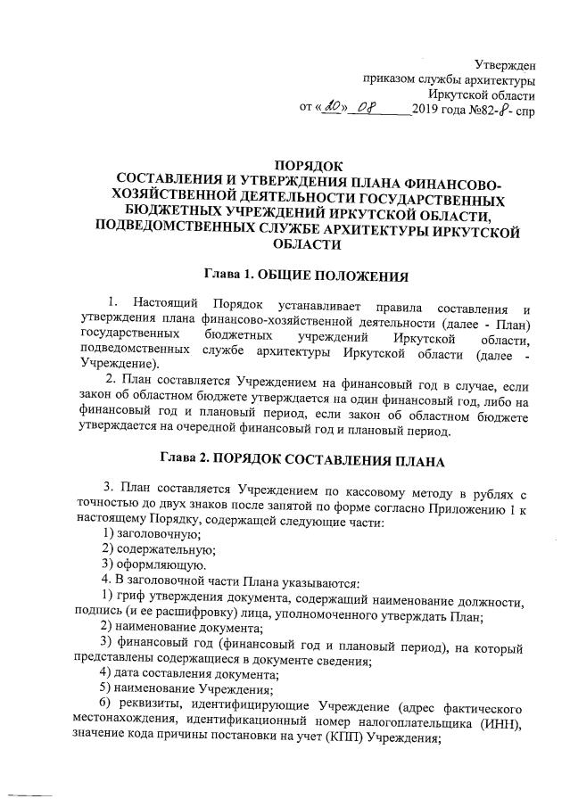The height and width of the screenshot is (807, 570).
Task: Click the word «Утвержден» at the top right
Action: coord(504,62)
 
